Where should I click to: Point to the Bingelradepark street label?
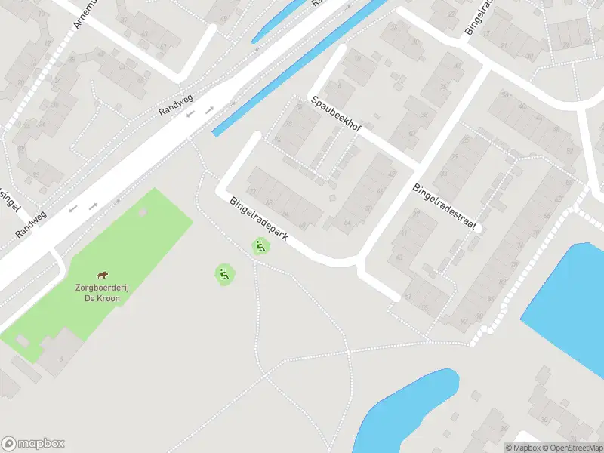[x=259, y=220]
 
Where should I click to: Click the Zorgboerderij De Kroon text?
[x=97, y=292]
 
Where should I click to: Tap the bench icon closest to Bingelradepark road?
[x=260, y=245]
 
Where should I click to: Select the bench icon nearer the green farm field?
[x=223, y=274]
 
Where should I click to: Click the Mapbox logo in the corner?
[x=33, y=444]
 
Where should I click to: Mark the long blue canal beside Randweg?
[x=302, y=68]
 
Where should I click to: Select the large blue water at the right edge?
[x=570, y=302]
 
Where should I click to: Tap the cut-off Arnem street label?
[x=85, y=14]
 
